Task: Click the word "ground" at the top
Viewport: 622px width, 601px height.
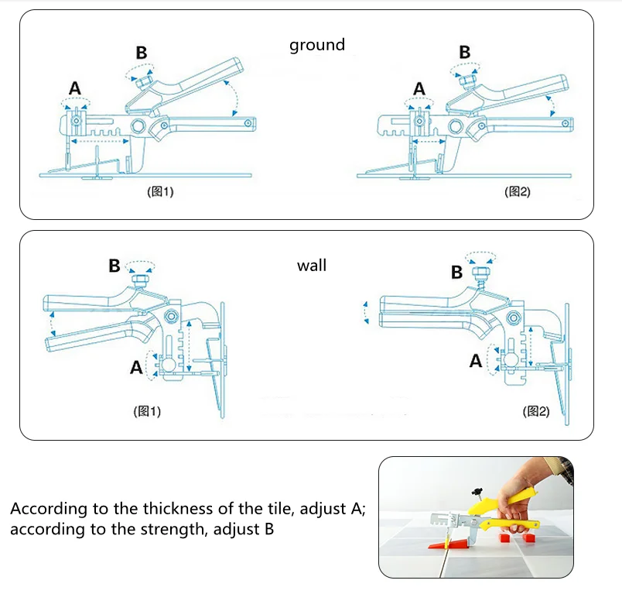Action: tap(317, 45)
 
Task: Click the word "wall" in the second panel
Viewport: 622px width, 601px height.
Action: tap(312, 266)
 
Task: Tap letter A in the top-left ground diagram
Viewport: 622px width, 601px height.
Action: tap(75, 89)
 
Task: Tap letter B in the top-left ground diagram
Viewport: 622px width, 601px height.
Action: tap(142, 53)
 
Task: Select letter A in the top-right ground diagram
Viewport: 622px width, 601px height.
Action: tap(419, 89)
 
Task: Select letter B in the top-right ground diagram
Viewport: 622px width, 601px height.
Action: tap(465, 52)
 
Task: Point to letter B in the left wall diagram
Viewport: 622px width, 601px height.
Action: tap(114, 266)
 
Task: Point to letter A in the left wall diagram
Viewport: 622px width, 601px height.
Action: tap(136, 368)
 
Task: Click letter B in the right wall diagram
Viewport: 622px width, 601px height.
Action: tap(456, 272)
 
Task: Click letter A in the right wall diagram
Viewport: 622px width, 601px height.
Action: tap(477, 361)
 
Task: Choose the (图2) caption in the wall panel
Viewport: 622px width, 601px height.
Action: tap(535, 411)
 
